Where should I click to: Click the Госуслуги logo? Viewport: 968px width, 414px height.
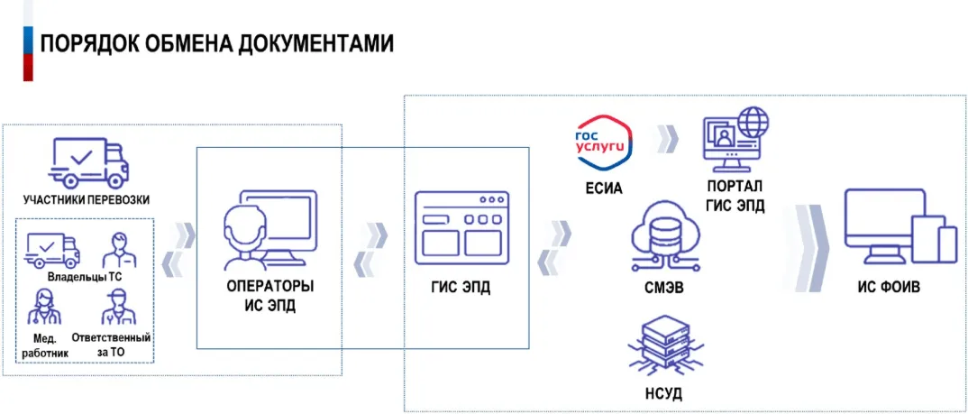point(605,143)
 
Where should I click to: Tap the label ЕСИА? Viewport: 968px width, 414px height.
point(604,189)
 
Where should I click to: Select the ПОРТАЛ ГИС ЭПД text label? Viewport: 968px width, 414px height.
point(735,198)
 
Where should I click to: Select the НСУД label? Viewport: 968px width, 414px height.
point(665,395)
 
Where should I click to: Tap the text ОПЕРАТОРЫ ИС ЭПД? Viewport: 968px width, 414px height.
point(269,297)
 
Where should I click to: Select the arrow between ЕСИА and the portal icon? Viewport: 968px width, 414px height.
point(667,139)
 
